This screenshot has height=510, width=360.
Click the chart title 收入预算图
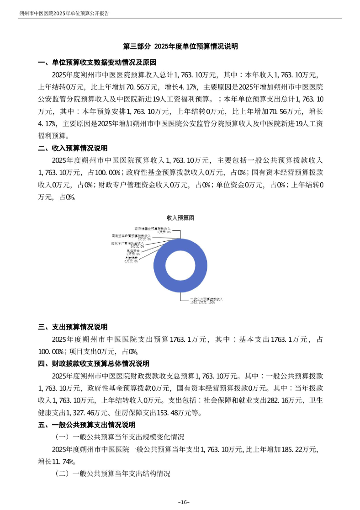(180, 218)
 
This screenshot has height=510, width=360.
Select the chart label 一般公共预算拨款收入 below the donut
(206, 298)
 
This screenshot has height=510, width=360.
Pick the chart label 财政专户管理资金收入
(131, 244)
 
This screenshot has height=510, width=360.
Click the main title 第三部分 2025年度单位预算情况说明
(180, 47)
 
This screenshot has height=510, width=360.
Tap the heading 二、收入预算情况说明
(73, 148)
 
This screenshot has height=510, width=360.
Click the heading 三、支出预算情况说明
(73, 327)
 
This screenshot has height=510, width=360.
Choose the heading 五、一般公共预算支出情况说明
(86, 425)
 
